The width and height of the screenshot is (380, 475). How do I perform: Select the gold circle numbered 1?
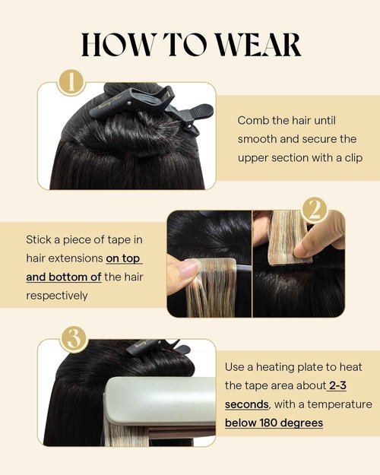click(73, 82)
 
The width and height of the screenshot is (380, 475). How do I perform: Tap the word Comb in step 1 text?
click(252, 121)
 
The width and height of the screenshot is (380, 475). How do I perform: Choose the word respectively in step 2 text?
click(57, 295)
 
